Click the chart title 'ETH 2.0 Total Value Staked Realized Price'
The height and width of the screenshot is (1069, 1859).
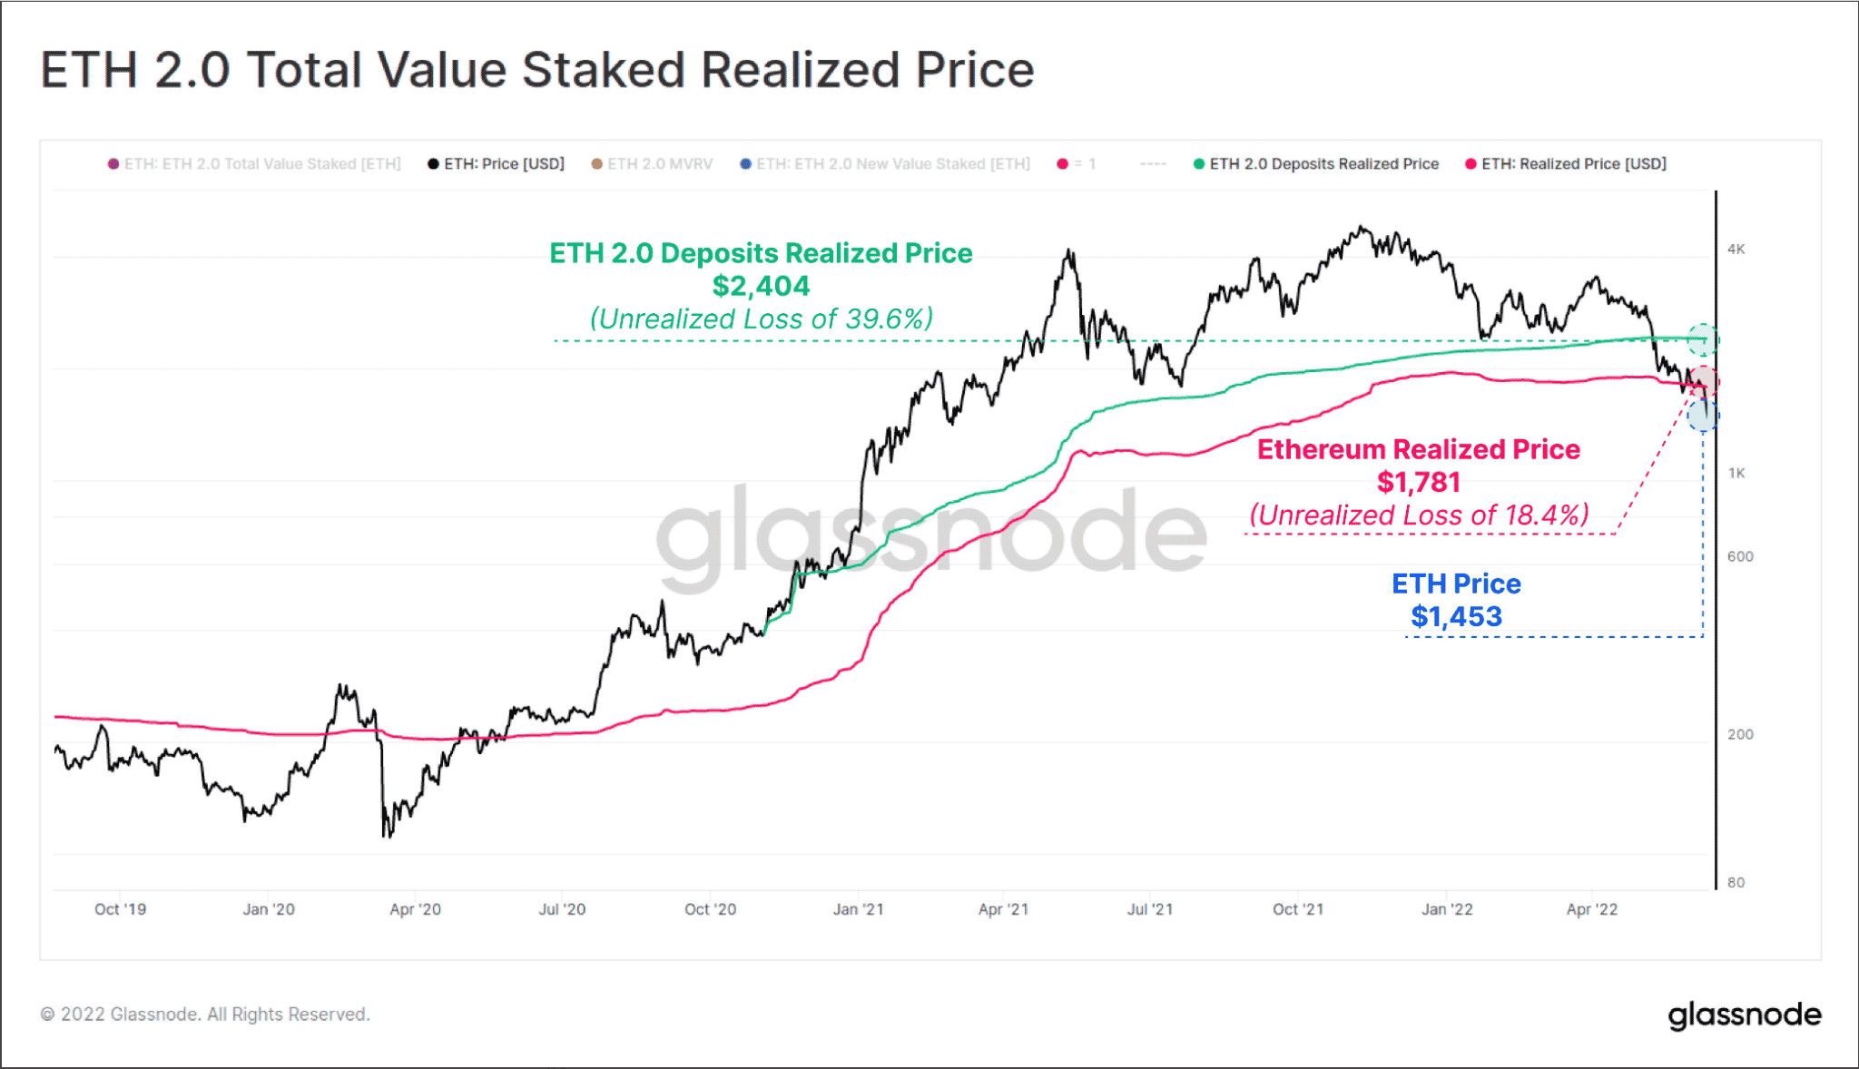click(x=537, y=70)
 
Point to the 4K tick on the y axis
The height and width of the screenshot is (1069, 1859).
click(x=1736, y=250)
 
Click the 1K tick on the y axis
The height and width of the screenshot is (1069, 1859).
click(x=1736, y=474)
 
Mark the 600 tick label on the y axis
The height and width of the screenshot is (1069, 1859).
click(x=1740, y=556)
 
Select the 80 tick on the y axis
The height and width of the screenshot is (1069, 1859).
click(x=1736, y=882)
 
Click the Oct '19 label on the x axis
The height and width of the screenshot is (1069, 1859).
click(x=120, y=909)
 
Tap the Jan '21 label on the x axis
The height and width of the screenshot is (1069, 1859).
click(x=858, y=909)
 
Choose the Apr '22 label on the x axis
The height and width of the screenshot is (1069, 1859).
click(x=1591, y=909)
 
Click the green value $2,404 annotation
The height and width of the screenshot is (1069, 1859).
click(x=761, y=287)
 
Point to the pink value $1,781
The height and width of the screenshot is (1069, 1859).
click(x=1419, y=483)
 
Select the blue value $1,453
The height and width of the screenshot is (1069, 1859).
click(x=1456, y=617)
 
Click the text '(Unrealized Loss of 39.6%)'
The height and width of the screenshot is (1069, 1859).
click(x=761, y=319)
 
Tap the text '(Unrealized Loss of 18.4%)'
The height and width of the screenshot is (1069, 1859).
click(x=1419, y=515)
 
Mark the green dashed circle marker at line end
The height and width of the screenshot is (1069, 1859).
click(x=1703, y=339)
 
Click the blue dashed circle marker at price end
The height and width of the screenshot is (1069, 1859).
click(x=1703, y=416)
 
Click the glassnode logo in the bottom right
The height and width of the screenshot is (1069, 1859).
click(x=1744, y=1015)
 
